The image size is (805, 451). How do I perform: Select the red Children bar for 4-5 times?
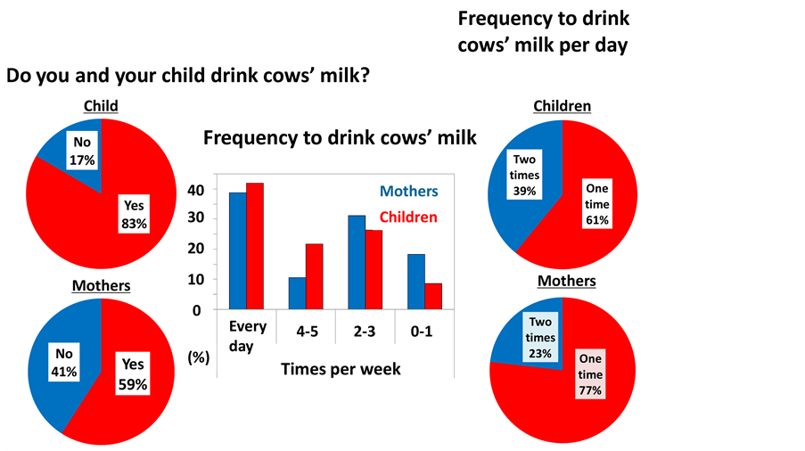[314, 276]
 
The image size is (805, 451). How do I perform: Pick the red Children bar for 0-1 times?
[433, 296]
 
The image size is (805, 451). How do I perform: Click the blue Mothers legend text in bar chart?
[409, 191]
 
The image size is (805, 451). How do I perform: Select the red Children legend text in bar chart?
[409, 217]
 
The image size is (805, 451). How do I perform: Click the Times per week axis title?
[342, 368]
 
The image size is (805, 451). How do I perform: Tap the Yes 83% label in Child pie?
[134, 214]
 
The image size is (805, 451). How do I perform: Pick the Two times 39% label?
[524, 176]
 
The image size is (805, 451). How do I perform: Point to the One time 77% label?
[590, 373]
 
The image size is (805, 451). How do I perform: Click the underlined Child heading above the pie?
[101, 106]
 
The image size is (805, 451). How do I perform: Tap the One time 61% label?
[597, 204]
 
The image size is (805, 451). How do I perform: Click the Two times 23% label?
[540, 337]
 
